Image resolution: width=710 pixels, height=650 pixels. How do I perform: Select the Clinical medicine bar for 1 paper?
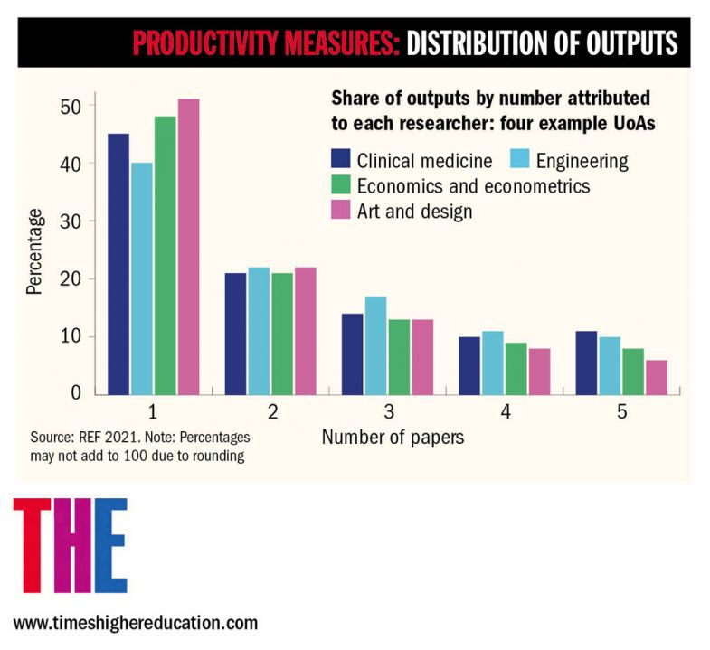point(118,263)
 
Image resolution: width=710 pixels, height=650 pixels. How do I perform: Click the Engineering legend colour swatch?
point(520,161)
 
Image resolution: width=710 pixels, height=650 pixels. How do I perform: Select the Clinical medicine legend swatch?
point(341,161)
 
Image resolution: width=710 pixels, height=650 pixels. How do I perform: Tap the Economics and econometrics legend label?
point(473,186)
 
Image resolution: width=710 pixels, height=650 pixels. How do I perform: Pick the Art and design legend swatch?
point(341,212)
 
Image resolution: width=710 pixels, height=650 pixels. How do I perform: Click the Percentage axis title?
point(34,251)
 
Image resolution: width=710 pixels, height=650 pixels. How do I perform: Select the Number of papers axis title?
point(393,438)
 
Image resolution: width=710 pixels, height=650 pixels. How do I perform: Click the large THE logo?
point(70,545)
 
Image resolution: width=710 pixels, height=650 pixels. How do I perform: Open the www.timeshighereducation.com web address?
point(135,623)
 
